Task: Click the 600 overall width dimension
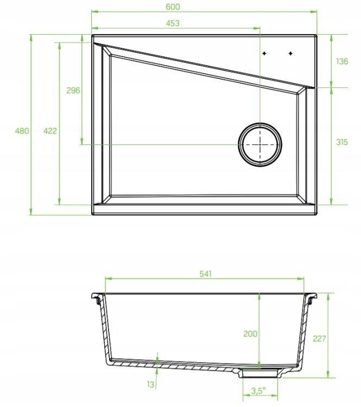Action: point(173,7)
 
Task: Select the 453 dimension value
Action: point(173,23)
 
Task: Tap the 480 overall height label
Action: point(22,131)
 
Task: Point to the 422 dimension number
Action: point(50,131)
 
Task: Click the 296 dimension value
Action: point(73,90)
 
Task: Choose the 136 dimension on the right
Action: point(342,61)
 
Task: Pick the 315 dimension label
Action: point(342,142)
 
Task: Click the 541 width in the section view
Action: point(205,274)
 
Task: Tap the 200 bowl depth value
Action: point(250,334)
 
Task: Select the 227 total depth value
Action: point(319,339)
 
